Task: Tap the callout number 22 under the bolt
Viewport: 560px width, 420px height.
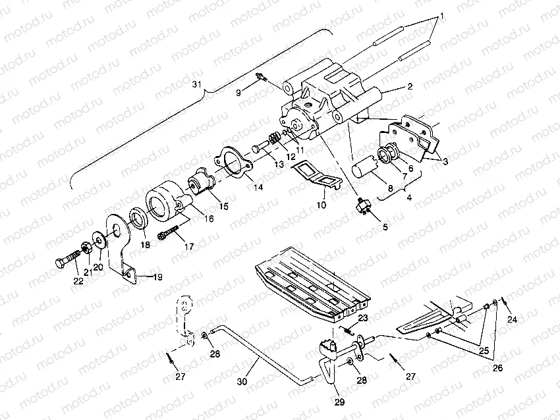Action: [78, 282]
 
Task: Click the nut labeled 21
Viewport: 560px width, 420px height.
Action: [85, 249]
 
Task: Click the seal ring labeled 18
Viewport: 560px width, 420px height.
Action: [138, 217]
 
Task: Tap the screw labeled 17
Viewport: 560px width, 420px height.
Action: [168, 234]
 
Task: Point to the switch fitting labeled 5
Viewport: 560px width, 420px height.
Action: [362, 205]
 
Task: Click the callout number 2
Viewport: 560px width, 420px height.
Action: [409, 86]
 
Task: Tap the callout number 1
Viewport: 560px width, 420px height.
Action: [442, 14]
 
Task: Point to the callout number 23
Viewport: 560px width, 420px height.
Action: [362, 318]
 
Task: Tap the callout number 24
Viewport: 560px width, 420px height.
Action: [513, 320]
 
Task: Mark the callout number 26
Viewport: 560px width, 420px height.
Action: [498, 368]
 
